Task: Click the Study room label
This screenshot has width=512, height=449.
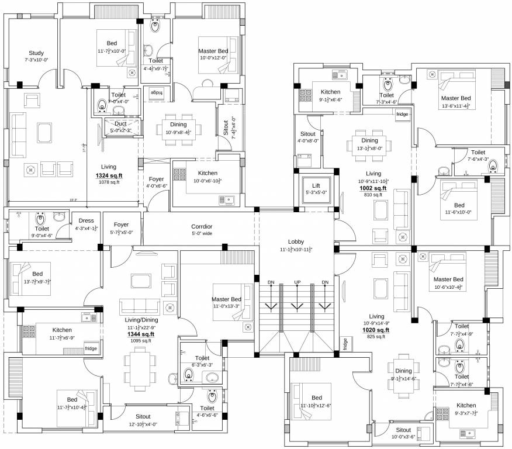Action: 36,53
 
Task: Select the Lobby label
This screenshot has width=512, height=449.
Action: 296,241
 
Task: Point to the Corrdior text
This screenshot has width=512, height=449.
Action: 202,226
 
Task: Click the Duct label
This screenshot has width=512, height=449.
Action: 121,123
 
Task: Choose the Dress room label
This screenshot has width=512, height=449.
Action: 86,220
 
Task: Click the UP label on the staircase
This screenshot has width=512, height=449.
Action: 297,282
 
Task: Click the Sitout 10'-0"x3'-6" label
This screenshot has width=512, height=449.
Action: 403,430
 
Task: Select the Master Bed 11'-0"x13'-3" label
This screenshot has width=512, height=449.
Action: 227,299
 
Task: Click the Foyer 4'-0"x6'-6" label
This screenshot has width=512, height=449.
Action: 156,179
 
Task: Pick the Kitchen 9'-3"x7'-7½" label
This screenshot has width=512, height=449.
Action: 466,405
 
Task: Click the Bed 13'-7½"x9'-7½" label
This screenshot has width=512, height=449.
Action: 37,274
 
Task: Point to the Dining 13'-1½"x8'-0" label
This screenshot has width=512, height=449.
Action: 369,140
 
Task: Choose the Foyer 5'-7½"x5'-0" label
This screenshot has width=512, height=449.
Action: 121,224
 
